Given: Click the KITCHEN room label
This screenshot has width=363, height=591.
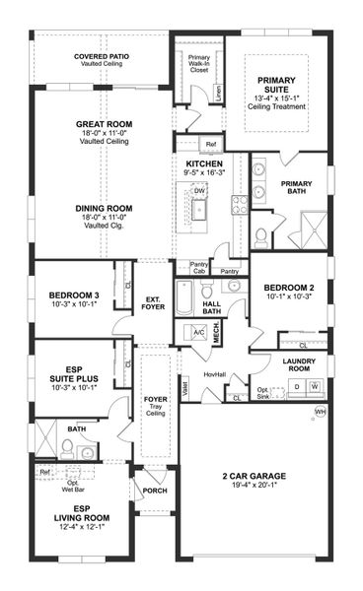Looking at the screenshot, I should coord(204,164).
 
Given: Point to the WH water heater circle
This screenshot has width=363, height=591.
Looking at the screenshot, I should coord(319,411).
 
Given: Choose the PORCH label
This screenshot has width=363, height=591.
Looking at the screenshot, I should coord(154,490).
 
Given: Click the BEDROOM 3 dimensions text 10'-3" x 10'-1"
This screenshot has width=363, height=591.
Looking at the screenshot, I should coord(74,303).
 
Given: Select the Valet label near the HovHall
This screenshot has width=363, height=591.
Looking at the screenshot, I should coord(185,386).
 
